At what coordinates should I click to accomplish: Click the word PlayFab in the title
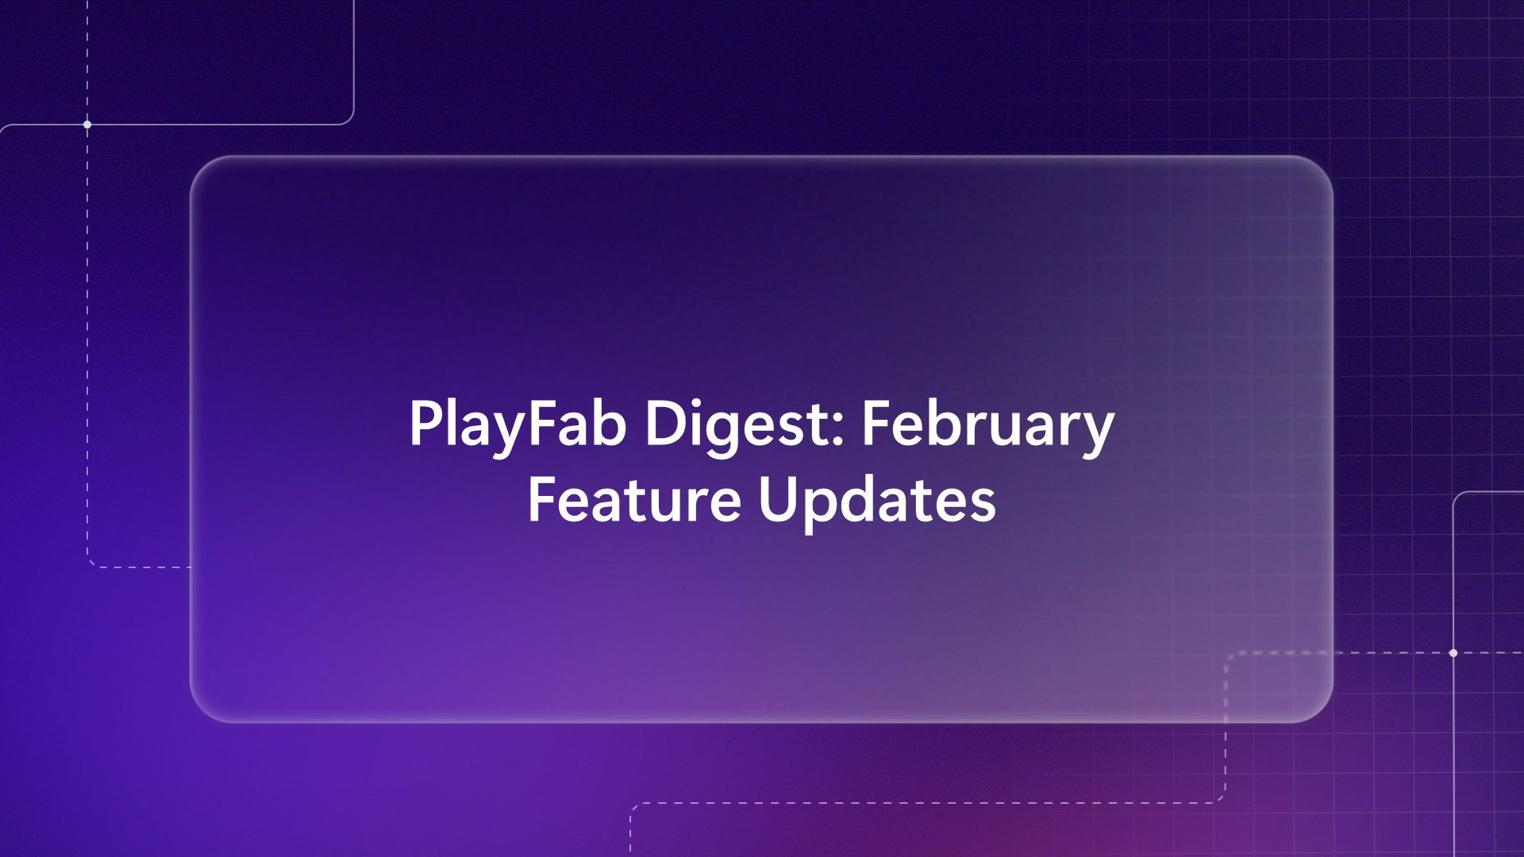pyautogui.click(x=518, y=425)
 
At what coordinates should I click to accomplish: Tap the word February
pyautogui.click(x=988, y=425)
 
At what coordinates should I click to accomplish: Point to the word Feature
pyautogui.click(x=634, y=500)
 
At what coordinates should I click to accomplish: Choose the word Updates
pyautogui.click(x=877, y=500)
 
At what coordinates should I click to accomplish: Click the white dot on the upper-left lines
pyautogui.click(x=87, y=125)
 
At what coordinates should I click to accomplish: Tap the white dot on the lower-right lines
pyautogui.click(x=1453, y=653)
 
